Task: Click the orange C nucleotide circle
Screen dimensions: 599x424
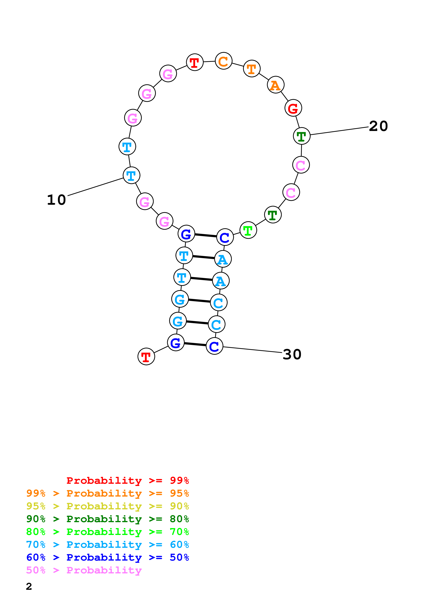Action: (223, 61)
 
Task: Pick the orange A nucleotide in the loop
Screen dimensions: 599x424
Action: (275, 85)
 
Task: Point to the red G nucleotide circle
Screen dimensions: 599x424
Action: (293, 108)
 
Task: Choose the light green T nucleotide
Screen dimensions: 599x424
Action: (248, 230)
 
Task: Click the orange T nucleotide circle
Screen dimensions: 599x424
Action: (252, 69)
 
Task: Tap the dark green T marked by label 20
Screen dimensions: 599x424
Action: (302, 136)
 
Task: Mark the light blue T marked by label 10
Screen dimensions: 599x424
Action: (131, 175)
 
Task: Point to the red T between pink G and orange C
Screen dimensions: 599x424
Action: (195, 62)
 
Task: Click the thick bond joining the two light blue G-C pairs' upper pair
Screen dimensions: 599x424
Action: (199, 301)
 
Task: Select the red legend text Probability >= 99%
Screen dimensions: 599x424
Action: (127, 480)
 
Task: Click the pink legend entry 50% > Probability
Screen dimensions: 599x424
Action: (84, 570)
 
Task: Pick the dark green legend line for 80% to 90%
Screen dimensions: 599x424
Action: (107, 519)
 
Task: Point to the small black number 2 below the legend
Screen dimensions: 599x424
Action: (29, 587)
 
